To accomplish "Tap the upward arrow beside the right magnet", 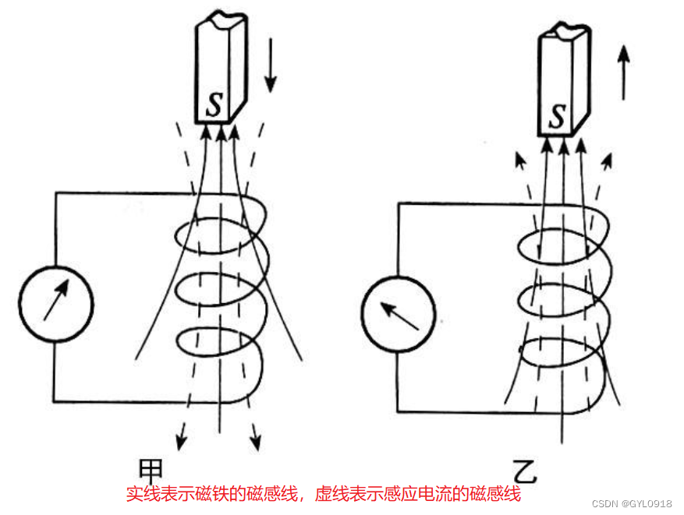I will pos(623,72).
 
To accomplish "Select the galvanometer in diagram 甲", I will pos(55,304).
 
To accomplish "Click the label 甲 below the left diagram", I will pos(151,470).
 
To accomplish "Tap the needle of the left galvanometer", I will pos(55,300).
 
